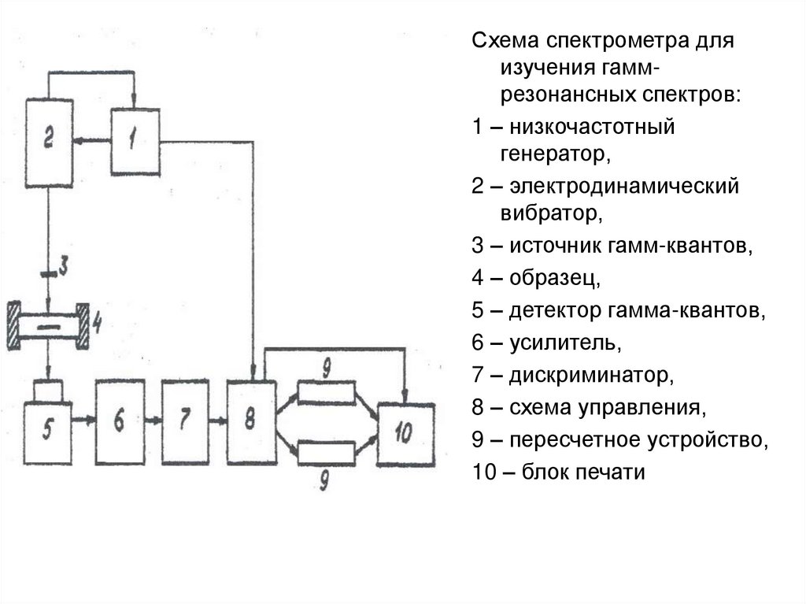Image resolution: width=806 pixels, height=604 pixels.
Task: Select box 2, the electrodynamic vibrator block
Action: pyautogui.click(x=49, y=143)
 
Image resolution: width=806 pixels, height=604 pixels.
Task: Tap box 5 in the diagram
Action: pyautogui.click(x=47, y=430)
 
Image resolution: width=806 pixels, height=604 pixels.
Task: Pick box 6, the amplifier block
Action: pyautogui.click(x=120, y=421)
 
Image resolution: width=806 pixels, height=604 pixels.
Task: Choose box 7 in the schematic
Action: pyautogui.click(x=186, y=421)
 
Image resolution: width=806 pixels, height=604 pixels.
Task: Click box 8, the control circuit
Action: pyautogui.click(x=251, y=421)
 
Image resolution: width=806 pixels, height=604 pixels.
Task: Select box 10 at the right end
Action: pyautogui.click(x=406, y=434)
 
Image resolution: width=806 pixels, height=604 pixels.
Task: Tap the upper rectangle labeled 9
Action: pyautogui.click(x=326, y=392)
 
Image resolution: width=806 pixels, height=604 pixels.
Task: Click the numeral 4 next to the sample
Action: pyautogui.click(x=98, y=322)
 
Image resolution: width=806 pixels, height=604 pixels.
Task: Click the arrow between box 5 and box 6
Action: pyautogui.click(x=83, y=421)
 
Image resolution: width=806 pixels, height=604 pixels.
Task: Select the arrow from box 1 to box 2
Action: pyautogui.click(x=93, y=141)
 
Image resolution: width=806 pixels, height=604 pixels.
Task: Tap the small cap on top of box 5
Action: pyautogui.click(x=49, y=391)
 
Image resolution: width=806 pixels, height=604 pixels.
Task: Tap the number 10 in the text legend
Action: pyautogui.click(x=482, y=473)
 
